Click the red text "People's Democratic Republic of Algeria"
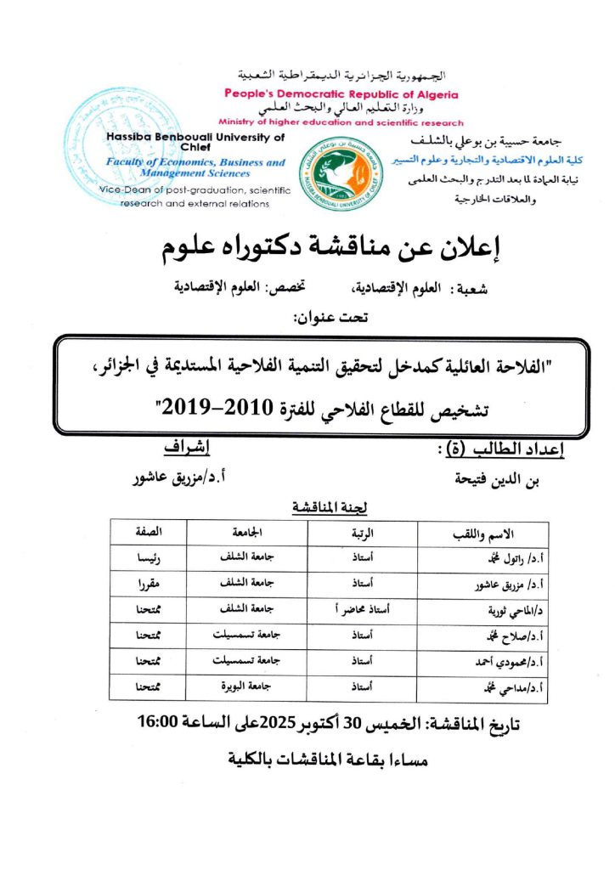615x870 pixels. tap(341, 94)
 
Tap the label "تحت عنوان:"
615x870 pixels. tap(319, 319)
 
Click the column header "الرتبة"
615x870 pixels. tap(375, 533)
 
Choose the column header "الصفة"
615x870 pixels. tap(149, 533)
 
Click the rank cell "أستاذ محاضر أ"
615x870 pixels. tap(375, 611)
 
